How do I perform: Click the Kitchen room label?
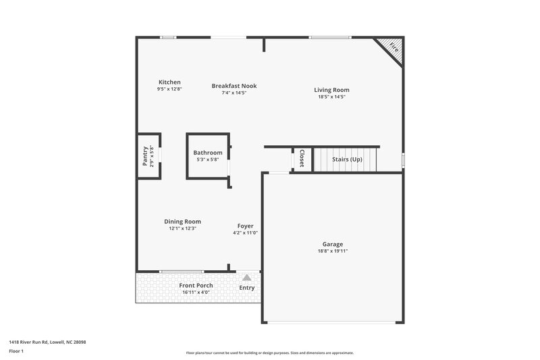(169, 82)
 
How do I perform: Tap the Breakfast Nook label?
(234, 86)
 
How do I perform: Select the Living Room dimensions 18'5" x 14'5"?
(331, 97)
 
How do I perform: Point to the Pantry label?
(145, 156)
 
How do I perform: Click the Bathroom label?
(207, 153)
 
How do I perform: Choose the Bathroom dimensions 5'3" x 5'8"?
(207, 160)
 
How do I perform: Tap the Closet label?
(302, 158)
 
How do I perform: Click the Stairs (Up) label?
(347, 159)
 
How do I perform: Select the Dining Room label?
(182, 222)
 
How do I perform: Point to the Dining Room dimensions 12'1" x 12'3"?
(182, 229)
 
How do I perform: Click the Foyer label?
(245, 226)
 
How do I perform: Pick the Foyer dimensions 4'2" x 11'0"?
(245, 233)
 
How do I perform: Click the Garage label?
(332, 244)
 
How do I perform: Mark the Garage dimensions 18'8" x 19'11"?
(332, 251)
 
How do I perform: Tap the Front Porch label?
(196, 286)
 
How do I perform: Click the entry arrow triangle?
(247, 277)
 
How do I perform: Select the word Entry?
(247, 288)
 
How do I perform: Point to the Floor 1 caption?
(17, 351)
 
